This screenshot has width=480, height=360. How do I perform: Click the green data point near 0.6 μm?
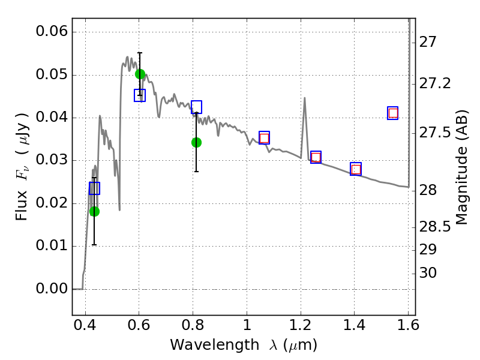point(140,74)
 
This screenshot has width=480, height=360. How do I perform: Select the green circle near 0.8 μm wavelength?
point(197,142)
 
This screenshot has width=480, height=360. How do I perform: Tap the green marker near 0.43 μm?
point(94,211)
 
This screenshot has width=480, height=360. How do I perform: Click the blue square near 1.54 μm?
point(393,113)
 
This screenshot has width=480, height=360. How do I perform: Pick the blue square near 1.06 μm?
point(264,138)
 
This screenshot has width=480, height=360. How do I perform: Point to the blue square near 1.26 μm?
point(316,157)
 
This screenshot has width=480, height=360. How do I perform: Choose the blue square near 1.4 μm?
point(356,169)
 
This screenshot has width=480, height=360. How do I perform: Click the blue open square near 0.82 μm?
point(197,107)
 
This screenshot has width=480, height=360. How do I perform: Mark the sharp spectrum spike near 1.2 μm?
point(305,98)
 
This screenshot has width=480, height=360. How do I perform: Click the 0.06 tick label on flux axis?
point(52,31)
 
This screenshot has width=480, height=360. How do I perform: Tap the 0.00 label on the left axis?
point(52,289)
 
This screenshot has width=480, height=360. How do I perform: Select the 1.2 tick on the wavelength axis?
point(301,325)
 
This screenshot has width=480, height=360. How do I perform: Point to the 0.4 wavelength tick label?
point(85,325)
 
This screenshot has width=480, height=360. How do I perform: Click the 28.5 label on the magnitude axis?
point(435,227)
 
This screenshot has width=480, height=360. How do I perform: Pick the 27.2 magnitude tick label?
point(435,83)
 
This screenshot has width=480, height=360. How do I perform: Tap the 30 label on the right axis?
point(428,272)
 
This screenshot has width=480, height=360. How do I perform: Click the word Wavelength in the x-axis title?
point(215,345)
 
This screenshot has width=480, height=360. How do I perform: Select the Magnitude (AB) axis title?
point(461,167)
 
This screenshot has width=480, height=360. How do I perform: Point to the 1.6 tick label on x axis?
point(408,325)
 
